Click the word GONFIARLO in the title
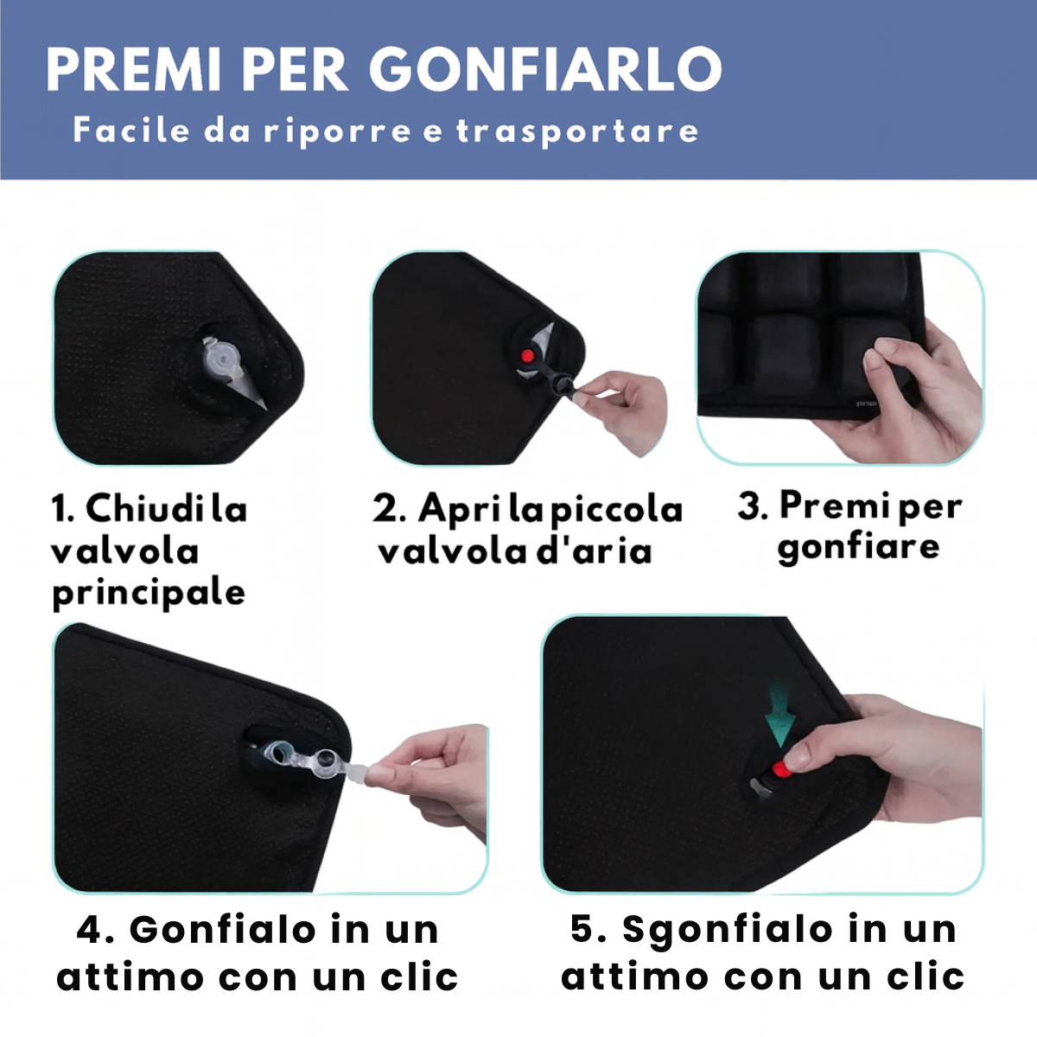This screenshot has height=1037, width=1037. coord(544,70)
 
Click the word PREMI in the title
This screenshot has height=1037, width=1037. coord(133,70)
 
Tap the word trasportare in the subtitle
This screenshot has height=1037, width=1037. coord(577,131)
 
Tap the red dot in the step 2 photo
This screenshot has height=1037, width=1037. coord(527,356)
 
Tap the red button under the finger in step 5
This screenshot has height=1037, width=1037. coord(781,770)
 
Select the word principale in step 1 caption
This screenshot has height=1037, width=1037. coord(149,594)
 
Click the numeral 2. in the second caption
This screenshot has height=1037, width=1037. coord(389,508)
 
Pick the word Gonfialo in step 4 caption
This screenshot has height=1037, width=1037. coord(222,930)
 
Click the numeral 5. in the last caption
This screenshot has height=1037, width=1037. coord(588,929)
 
